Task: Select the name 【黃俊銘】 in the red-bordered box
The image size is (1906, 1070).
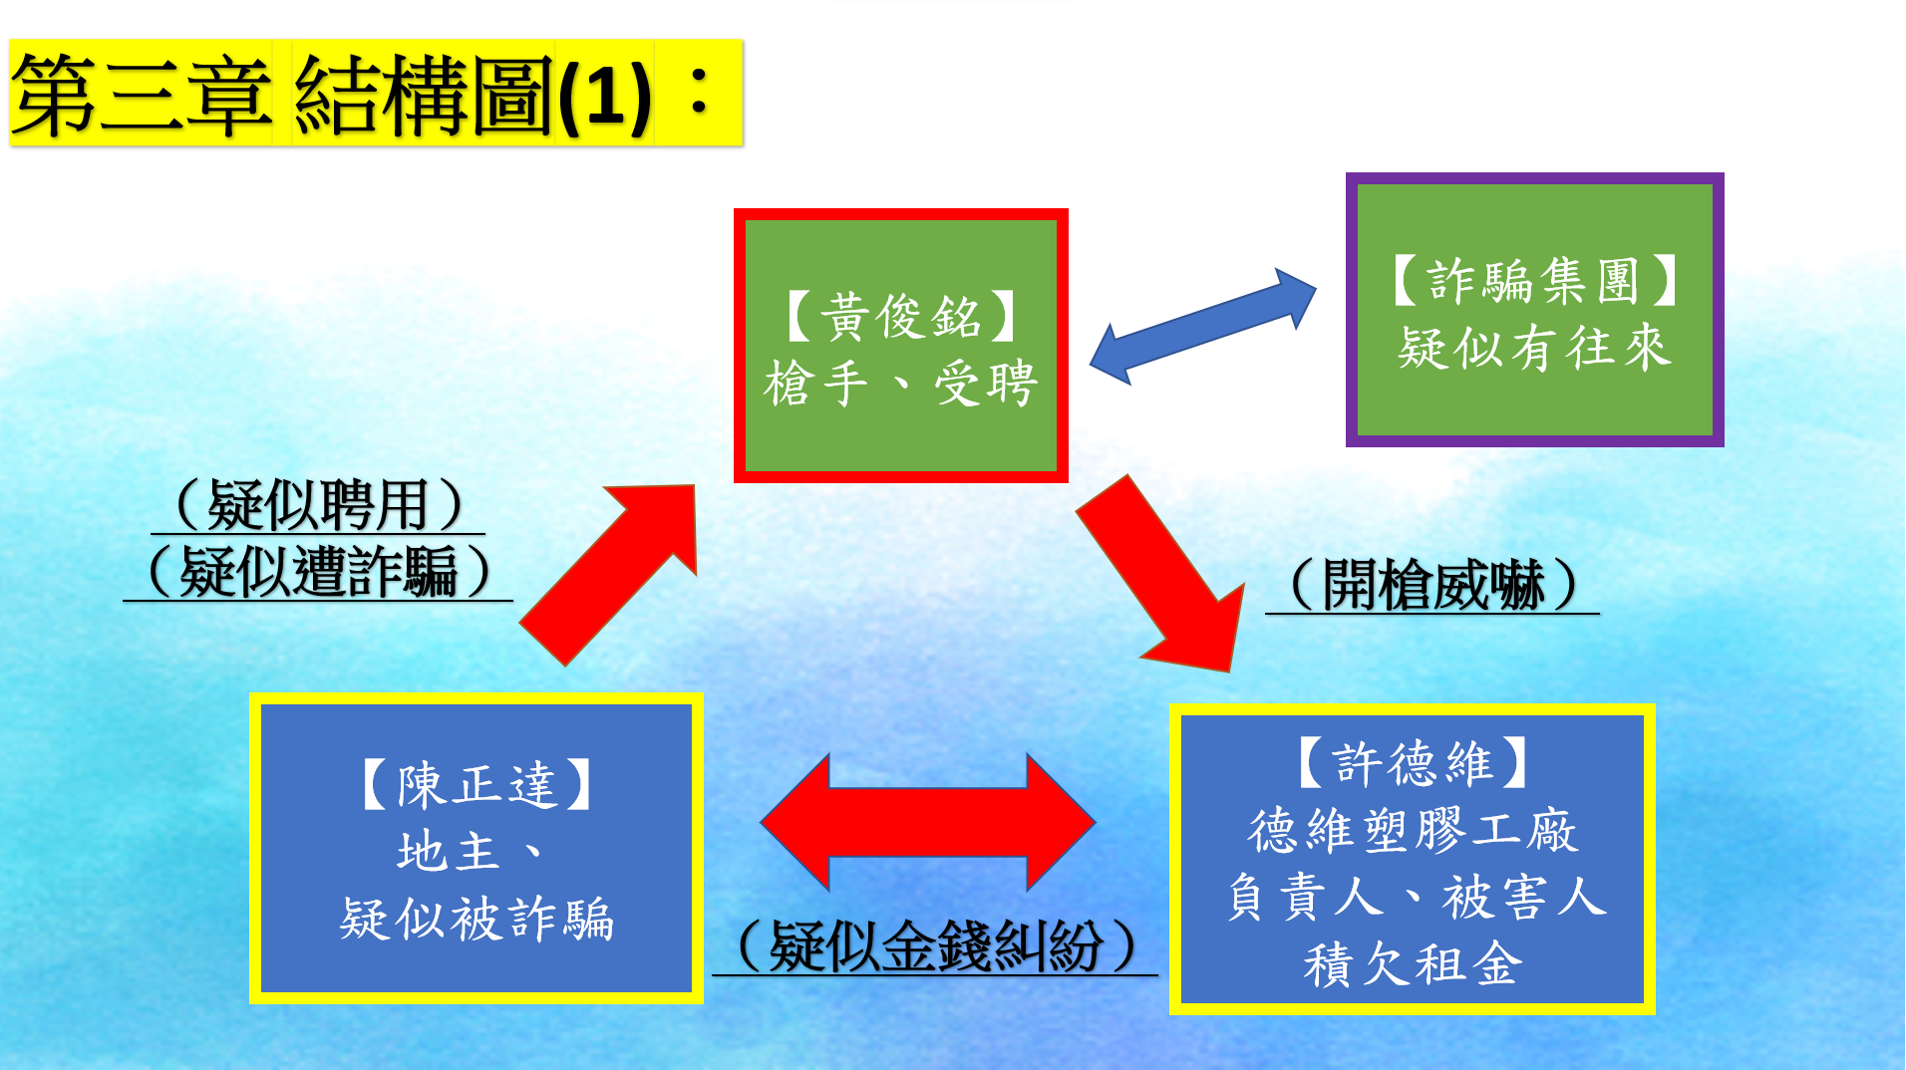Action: [901, 317]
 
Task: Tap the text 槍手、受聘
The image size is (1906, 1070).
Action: [901, 384]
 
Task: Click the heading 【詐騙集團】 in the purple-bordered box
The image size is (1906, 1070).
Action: [1535, 280]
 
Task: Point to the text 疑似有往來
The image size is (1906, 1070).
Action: [1535, 348]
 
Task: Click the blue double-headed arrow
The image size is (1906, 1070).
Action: [1203, 326]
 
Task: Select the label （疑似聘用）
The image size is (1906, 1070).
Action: [318, 505]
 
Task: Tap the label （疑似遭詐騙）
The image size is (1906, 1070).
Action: [318, 572]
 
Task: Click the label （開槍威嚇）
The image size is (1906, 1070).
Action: [1432, 585]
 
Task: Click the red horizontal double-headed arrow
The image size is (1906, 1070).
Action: [928, 822]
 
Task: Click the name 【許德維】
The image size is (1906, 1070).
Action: [1413, 763]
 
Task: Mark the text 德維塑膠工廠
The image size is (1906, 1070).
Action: [1413, 830]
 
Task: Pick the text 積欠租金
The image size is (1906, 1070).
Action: [1413, 963]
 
